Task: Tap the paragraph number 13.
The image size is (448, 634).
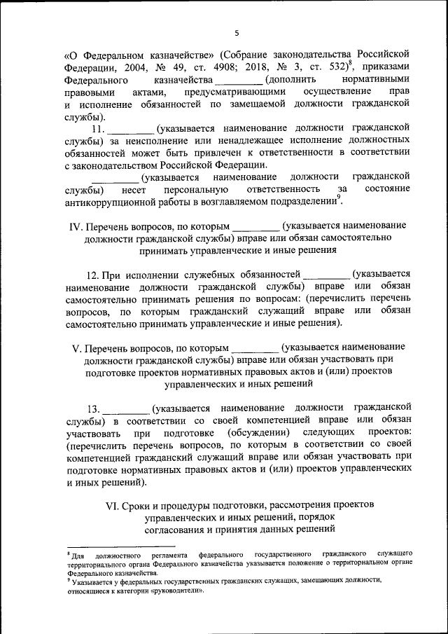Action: click(x=94, y=408)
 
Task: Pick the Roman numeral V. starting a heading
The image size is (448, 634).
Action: click(x=77, y=347)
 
